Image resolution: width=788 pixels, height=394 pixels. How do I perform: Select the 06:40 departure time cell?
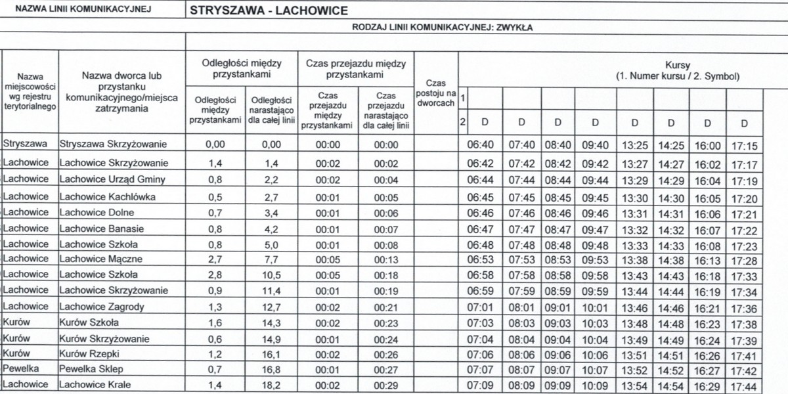pos(479,146)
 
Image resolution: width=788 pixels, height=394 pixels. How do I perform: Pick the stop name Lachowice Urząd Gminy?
pos(112,179)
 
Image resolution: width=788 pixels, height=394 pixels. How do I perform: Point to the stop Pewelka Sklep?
pos(91,369)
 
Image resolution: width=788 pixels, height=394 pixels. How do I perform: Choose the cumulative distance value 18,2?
pos(271,385)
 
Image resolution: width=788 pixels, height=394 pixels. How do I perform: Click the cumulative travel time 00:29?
pos(386,385)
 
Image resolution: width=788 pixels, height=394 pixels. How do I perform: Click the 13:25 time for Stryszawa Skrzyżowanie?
pos(634,146)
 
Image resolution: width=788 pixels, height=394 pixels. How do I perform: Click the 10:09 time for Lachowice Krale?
pos(595,386)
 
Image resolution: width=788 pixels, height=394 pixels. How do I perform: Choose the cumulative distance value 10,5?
pos(271,275)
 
